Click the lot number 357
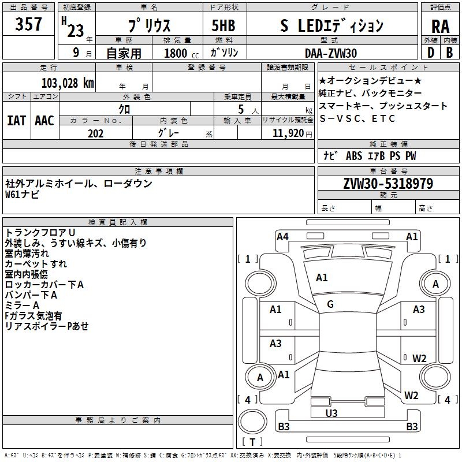[29, 24]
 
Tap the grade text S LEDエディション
[332, 25]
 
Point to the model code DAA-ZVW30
[331, 53]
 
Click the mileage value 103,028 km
[68, 83]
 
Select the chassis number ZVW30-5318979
[388, 184]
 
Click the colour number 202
[95, 133]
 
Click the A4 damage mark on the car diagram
[282, 236]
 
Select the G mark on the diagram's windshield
[330, 304]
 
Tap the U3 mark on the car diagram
[331, 413]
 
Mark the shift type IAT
[16, 120]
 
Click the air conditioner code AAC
[44, 120]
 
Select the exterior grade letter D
[430, 53]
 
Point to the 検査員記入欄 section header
[118, 222]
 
